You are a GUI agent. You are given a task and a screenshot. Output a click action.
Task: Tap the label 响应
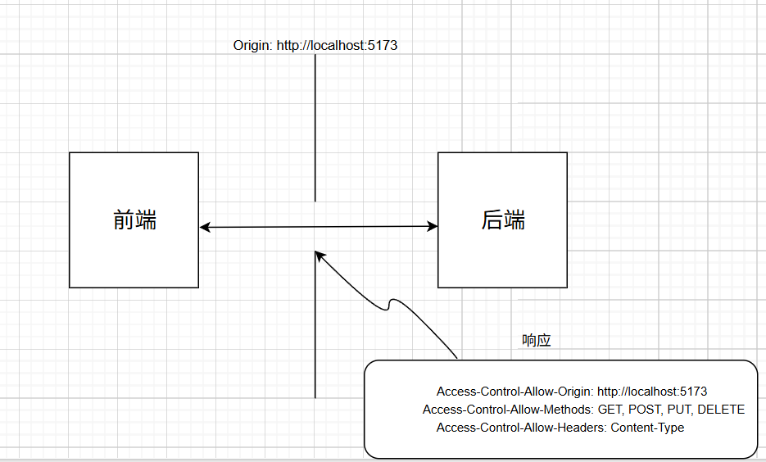pyautogui.click(x=537, y=341)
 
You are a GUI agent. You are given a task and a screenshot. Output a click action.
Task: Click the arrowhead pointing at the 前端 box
pyautogui.click(x=205, y=227)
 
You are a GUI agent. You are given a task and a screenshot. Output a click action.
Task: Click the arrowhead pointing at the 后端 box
pyautogui.click(x=433, y=227)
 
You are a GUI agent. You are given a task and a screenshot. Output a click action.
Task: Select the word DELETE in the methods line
pyautogui.click(x=721, y=410)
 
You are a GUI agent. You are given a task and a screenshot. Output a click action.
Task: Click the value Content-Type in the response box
pyautogui.click(x=647, y=428)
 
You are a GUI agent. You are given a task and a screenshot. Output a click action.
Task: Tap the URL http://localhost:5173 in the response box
pyautogui.click(x=652, y=392)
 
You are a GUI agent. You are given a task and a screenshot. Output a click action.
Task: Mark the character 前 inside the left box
pyautogui.click(x=123, y=220)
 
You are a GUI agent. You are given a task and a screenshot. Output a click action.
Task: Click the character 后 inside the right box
pyautogui.click(x=492, y=220)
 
